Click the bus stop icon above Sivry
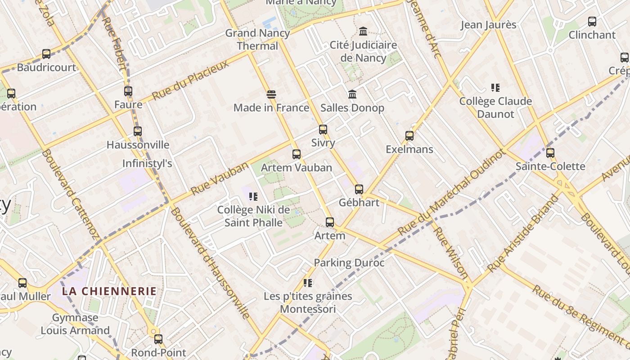point(323,130)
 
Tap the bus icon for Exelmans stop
point(409,136)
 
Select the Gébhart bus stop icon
point(359,189)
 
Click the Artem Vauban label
point(297,167)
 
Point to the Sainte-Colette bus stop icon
point(550,153)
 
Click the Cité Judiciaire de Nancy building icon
point(363,31)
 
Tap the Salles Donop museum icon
point(352,94)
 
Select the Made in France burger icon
point(271,94)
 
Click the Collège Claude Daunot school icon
point(495,88)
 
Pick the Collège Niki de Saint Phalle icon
point(253,197)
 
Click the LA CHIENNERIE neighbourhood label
point(109,291)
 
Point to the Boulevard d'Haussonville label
point(210,263)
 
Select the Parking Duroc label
point(349,263)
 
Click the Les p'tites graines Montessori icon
point(308,283)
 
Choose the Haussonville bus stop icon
point(137,131)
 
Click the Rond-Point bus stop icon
point(158,339)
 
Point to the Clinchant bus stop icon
point(592,22)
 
